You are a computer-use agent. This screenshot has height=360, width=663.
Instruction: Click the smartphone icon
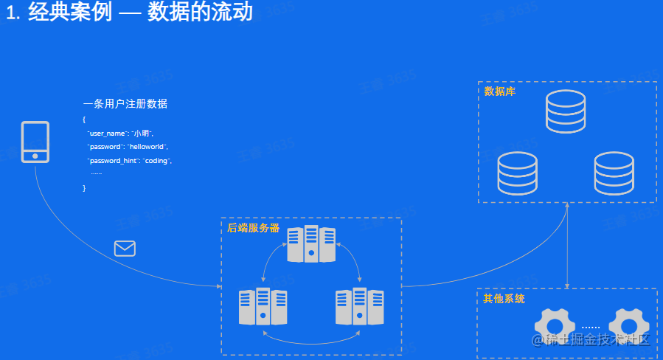(35, 142)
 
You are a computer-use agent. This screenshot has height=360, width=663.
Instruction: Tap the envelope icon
(125, 249)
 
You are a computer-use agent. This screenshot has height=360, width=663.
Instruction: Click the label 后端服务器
(253, 228)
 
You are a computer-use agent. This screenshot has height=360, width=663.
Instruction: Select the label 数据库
(499, 91)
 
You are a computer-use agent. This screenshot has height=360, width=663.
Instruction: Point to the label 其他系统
(504, 299)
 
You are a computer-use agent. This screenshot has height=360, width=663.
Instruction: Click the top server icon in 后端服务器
(311, 244)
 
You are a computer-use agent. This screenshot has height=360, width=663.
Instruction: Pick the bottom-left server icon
(263, 307)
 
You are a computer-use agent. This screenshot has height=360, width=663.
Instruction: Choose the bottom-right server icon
(360, 307)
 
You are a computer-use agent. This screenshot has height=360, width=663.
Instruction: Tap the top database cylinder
(566, 111)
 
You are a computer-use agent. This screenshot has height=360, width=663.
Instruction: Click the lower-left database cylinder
(517, 173)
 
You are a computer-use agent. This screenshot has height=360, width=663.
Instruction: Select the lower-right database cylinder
(614, 173)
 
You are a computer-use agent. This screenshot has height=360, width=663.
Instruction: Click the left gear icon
(555, 328)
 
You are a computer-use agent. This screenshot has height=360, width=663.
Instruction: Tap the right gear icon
(628, 328)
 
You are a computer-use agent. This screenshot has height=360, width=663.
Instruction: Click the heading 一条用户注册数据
(125, 103)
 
